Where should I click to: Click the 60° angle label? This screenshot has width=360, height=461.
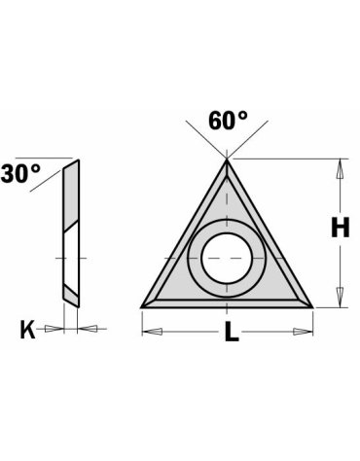click(228, 123)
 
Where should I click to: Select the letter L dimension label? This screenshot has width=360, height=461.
click(231, 333)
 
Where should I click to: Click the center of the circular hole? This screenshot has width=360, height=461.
click(227, 259)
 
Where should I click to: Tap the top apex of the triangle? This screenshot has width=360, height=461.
click(227, 161)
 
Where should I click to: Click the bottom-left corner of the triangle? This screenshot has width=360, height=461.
click(143, 306)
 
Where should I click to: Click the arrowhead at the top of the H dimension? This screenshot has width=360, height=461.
click(339, 167)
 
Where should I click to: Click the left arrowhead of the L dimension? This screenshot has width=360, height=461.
click(150, 332)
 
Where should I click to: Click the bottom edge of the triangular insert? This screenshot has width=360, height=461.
click(227, 304)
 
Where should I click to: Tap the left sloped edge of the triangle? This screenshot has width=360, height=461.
click(185, 233)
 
